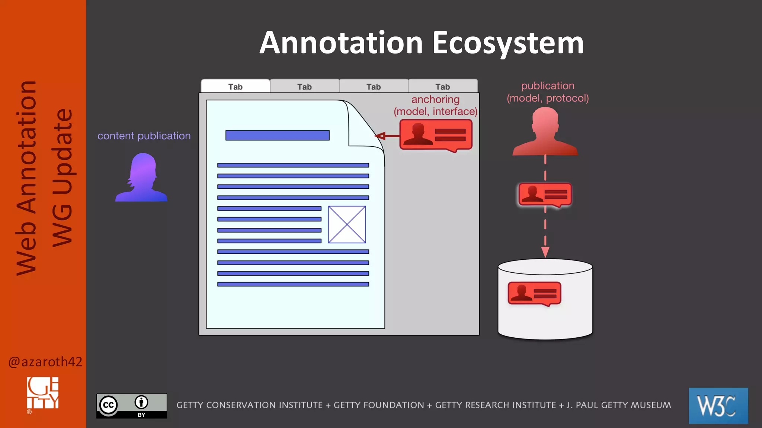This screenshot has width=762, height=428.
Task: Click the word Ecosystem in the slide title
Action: coord(508,43)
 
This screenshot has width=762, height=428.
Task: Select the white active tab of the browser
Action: coord(235,87)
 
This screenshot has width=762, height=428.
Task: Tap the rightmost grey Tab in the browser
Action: coord(443,87)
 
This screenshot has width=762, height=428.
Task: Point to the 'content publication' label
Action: coord(144,136)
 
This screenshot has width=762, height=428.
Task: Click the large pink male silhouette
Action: coord(545,132)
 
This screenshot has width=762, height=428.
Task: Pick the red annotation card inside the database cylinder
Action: coord(534,293)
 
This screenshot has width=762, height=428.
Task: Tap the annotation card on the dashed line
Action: coord(545,195)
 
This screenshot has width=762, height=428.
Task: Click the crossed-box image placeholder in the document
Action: coord(347,224)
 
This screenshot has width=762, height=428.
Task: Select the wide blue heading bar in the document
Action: coord(277,135)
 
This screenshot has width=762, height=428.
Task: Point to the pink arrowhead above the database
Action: coord(545,252)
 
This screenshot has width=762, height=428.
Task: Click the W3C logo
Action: coord(718,405)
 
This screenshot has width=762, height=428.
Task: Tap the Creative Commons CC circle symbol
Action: coord(109,405)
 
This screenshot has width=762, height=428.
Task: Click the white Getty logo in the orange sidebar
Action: coord(42,393)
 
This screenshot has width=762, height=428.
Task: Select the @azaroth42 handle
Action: coord(45,361)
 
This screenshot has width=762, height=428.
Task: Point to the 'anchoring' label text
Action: coord(435,100)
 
